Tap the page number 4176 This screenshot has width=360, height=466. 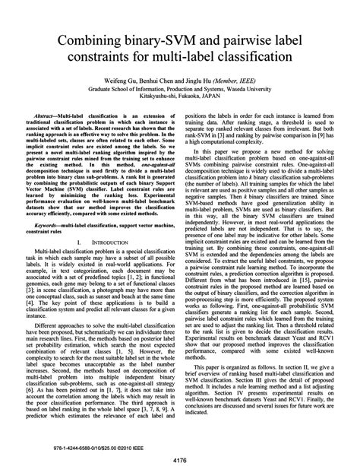point(180,457)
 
